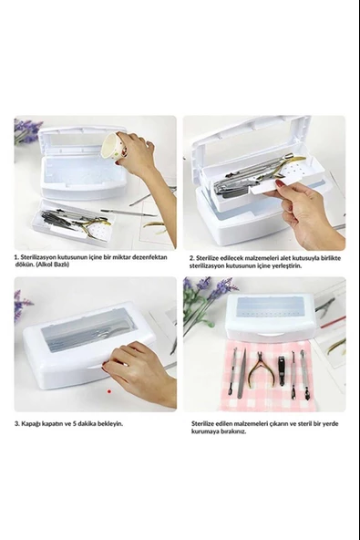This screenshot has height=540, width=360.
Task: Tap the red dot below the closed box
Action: [x=109, y=391]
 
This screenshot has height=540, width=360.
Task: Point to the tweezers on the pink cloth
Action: [x=243, y=373]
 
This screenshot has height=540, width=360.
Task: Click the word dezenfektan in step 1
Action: [x=151, y=257]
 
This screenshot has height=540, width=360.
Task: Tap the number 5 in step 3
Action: [x=75, y=423]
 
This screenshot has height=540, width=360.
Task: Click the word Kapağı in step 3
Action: [x=31, y=423]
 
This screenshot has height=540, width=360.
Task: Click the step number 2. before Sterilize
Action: [x=191, y=257]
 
